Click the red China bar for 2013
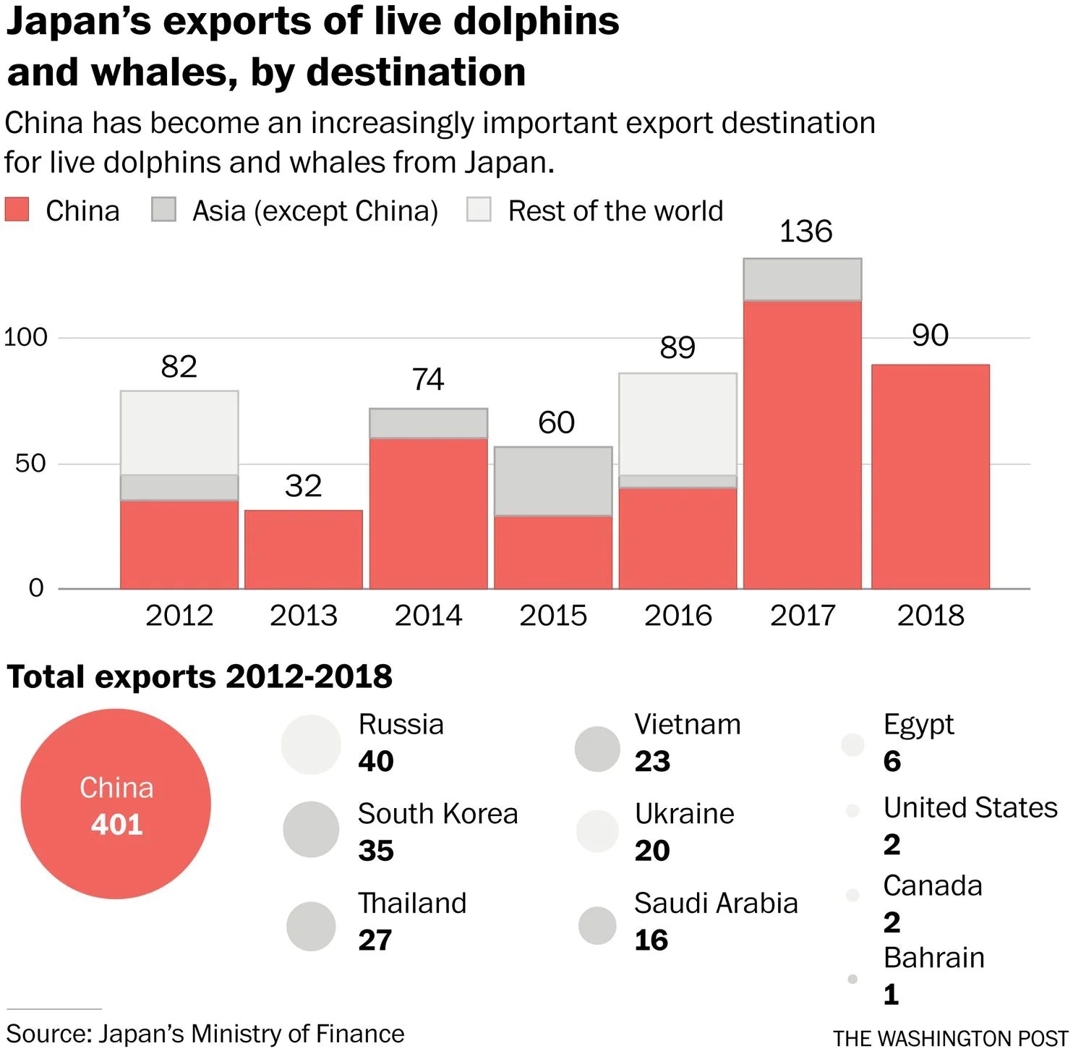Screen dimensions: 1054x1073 tap(304, 549)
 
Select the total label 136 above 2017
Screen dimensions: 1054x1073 tap(805, 232)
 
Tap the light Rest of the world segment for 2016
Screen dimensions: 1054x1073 tap(677, 424)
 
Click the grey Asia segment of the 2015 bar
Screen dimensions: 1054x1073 tap(553, 481)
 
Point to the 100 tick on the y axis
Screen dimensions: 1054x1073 tap(26, 337)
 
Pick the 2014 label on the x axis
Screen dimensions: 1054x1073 tap(428, 616)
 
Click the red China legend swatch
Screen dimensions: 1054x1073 tap(17, 210)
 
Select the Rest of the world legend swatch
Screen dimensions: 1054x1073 tap(479, 210)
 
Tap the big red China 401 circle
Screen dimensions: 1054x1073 tap(116, 804)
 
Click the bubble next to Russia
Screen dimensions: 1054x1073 tap(311, 744)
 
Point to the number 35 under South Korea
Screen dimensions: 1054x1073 tap(376, 851)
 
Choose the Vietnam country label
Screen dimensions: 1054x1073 tap(688, 724)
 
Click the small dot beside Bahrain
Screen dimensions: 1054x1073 tap(852, 979)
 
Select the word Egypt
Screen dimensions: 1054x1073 tap(918, 725)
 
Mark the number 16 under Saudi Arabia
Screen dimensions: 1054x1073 tap(651, 940)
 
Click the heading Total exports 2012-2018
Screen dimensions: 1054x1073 tap(200, 677)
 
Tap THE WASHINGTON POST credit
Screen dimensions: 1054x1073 tap(950, 1039)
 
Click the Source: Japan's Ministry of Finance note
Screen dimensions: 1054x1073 tap(205, 1034)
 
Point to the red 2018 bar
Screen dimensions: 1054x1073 tap(931, 477)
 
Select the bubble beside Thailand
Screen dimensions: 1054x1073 tap(311, 926)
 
